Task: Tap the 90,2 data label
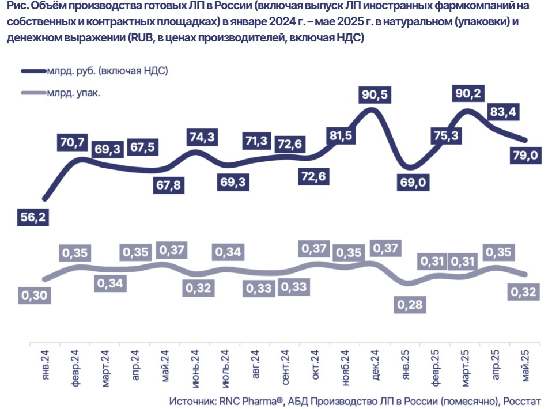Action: tap(469, 92)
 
